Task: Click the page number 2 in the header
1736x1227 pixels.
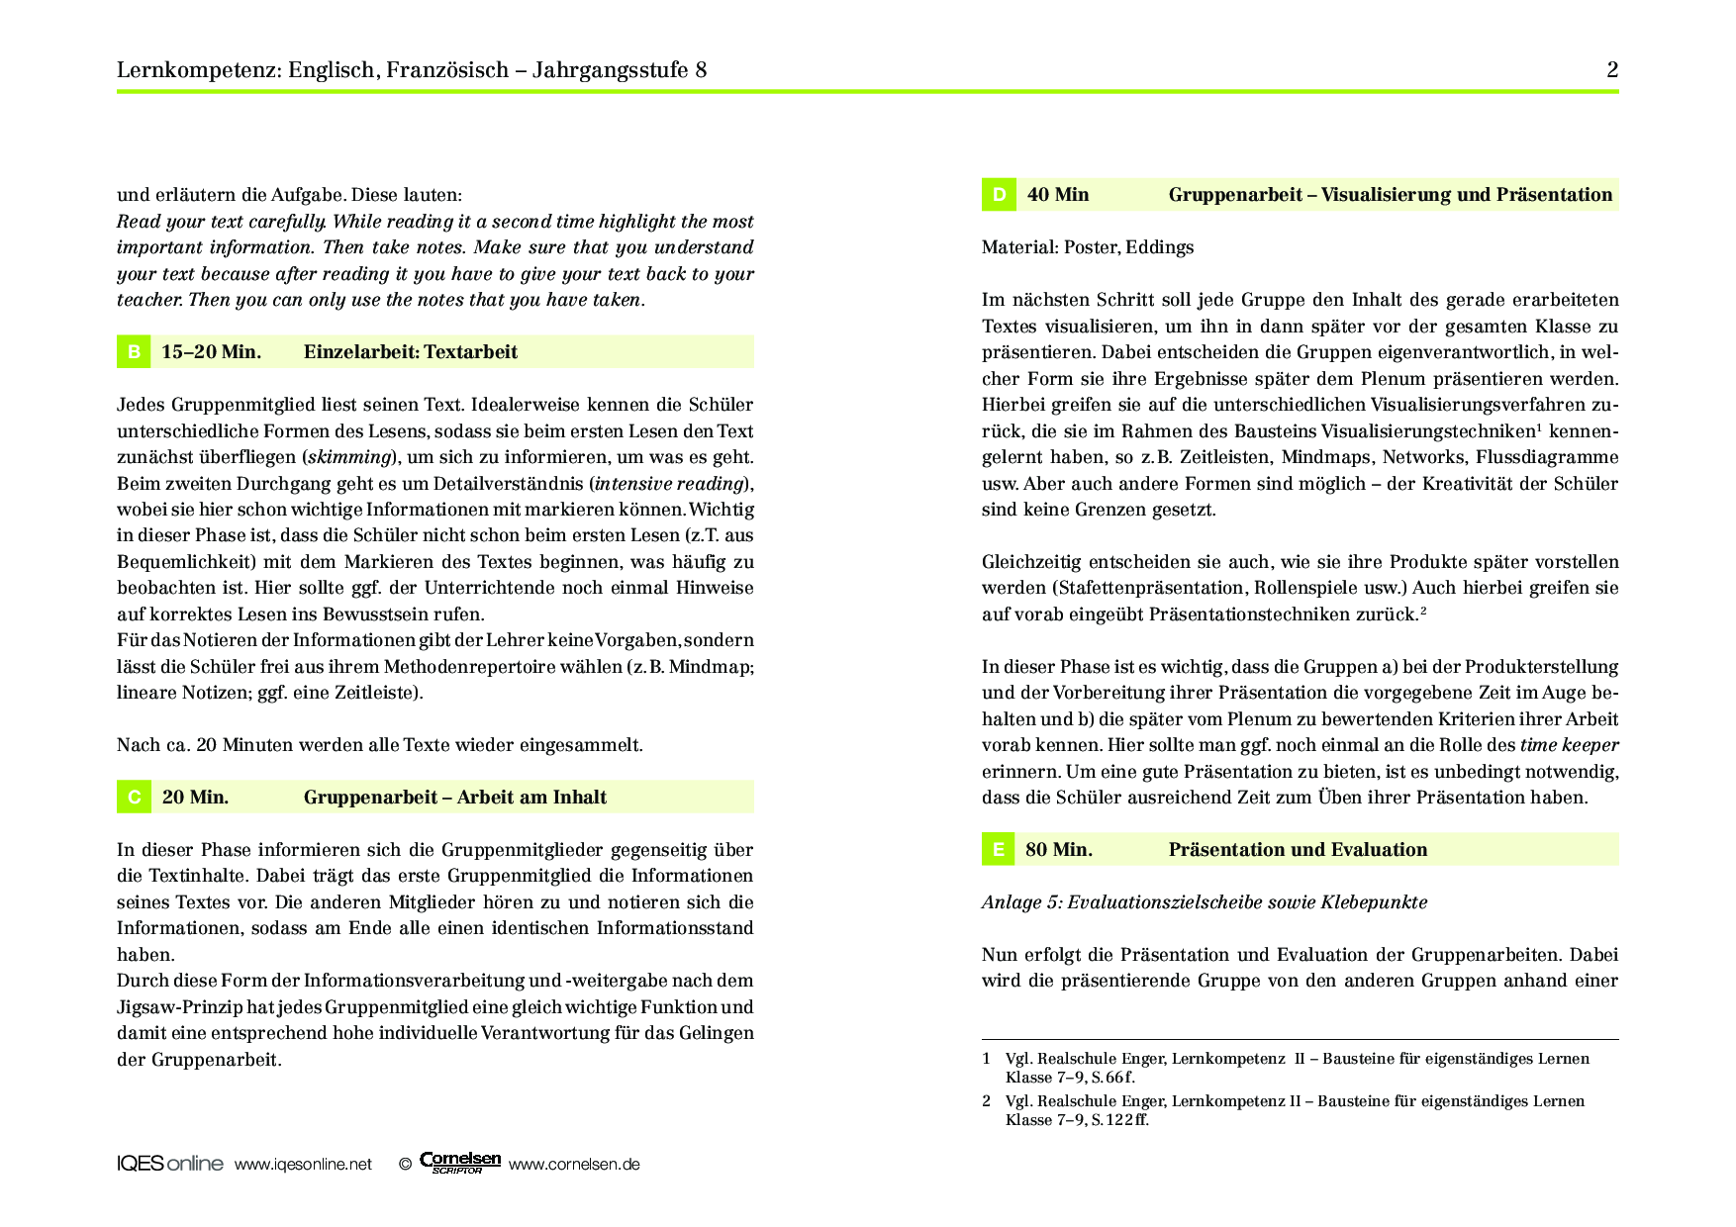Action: pyautogui.click(x=1612, y=69)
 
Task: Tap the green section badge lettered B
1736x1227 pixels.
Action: pyautogui.click(x=134, y=352)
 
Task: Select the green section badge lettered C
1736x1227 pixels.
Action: pyautogui.click(x=134, y=798)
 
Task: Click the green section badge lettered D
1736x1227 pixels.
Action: pyautogui.click(x=999, y=195)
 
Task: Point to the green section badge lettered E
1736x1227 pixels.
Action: pyautogui.click(x=999, y=850)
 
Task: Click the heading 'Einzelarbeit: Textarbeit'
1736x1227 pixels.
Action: pyautogui.click(x=410, y=352)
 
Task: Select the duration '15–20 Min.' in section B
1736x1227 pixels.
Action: pyautogui.click(x=211, y=352)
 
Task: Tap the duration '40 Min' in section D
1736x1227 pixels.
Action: pyautogui.click(x=1057, y=195)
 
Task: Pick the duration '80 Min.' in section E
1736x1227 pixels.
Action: pyautogui.click(x=1059, y=850)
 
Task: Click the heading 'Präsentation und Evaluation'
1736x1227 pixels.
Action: pyautogui.click(x=1298, y=850)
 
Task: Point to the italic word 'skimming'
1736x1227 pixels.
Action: pyautogui.click(x=349, y=457)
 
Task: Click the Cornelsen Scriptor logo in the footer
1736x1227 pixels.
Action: pyautogui.click(x=460, y=1163)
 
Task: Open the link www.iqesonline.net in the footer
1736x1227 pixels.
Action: pyautogui.click(x=303, y=1165)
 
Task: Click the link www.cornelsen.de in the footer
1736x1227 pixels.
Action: pyautogui.click(x=574, y=1165)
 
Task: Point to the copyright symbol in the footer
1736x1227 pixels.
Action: pyautogui.click(x=405, y=1165)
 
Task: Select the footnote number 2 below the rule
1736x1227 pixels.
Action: pyautogui.click(x=986, y=1100)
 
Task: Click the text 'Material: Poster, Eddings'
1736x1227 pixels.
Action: pyautogui.click(x=1087, y=247)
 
